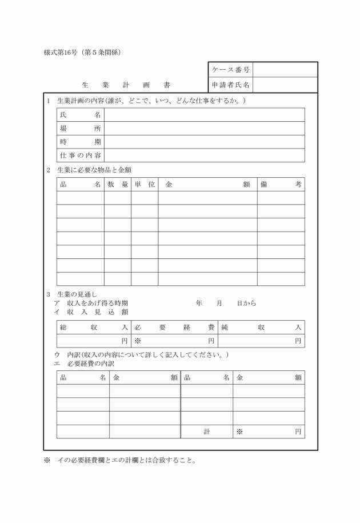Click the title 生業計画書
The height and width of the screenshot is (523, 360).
pyautogui.click(x=126, y=85)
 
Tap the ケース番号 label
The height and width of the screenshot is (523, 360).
pyautogui.click(x=230, y=70)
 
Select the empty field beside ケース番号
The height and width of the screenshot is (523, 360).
pyautogui.click(x=285, y=70)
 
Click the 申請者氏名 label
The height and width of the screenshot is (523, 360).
pyautogui.click(x=230, y=85)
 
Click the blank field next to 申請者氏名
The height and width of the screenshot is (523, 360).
pyautogui.click(x=285, y=85)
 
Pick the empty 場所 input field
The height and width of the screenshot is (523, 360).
pyautogui.click(x=204, y=129)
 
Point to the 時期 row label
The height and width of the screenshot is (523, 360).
pyautogui.click(x=81, y=142)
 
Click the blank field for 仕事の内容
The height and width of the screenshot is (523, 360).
pyautogui.click(x=204, y=155)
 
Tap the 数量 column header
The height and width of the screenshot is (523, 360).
pyautogui.click(x=117, y=185)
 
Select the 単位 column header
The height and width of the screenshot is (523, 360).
pyautogui.click(x=145, y=185)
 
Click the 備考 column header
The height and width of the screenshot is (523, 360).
pyautogui.click(x=281, y=185)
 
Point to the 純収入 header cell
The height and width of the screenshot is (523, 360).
pyautogui.click(x=261, y=327)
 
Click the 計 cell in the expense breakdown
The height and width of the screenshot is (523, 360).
pyautogui.click(x=207, y=432)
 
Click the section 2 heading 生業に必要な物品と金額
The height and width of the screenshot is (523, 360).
pyautogui.click(x=95, y=169)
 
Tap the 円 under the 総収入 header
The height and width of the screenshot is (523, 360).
pyautogui.click(x=125, y=341)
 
